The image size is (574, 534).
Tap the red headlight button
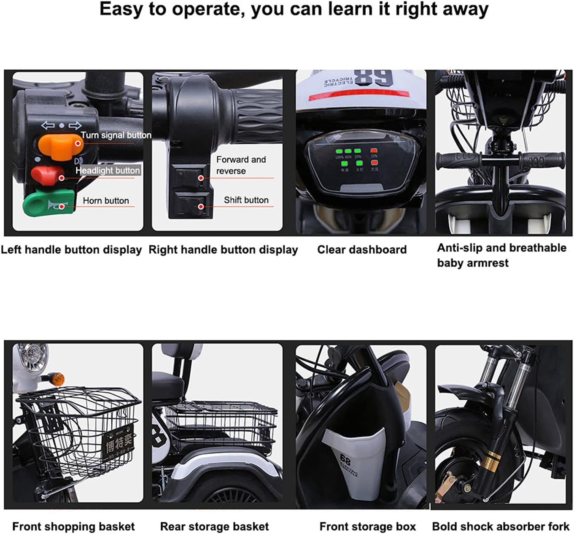[47, 175]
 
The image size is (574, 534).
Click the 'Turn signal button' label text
[116, 135]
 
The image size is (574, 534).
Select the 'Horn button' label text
[105, 201]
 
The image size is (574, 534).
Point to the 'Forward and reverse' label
[240, 165]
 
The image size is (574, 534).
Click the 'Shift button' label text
[246, 200]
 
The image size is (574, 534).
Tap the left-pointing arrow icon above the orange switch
[47, 126]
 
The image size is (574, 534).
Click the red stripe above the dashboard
[358, 95]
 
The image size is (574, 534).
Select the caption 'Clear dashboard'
[361, 250]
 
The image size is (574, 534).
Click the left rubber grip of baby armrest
[458, 161]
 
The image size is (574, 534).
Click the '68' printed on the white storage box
[345, 459]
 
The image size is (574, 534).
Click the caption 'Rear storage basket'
[214, 526]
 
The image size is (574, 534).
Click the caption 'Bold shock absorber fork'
[501, 526]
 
